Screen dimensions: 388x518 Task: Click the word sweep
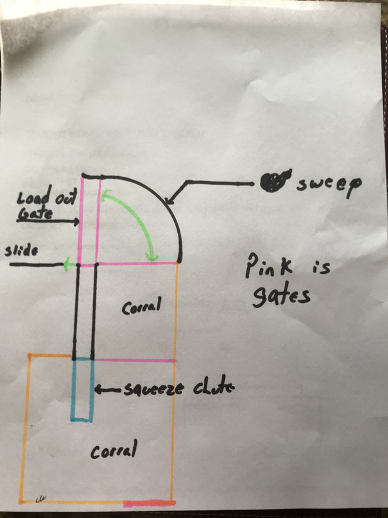point(329,185)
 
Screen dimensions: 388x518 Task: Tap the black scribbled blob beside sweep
point(274,181)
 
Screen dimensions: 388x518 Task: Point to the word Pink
point(268,266)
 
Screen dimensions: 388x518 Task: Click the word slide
point(21,251)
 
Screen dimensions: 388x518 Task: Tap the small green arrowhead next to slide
point(69,264)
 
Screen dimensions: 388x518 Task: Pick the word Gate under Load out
point(35,214)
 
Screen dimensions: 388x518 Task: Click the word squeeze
point(153,390)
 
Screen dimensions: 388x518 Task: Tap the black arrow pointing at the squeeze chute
point(108,390)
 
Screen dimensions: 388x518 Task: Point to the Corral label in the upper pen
point(141,306)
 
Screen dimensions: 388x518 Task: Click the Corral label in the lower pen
point(114,450)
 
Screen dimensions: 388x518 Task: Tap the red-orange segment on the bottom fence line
point(149,503)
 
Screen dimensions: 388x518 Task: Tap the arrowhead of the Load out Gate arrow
point(76,221)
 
